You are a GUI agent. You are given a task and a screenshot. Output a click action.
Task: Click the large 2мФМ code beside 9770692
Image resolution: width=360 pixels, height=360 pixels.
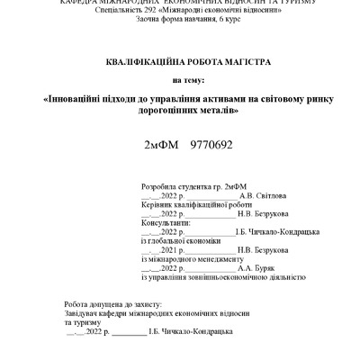click(x=162, y=144)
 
